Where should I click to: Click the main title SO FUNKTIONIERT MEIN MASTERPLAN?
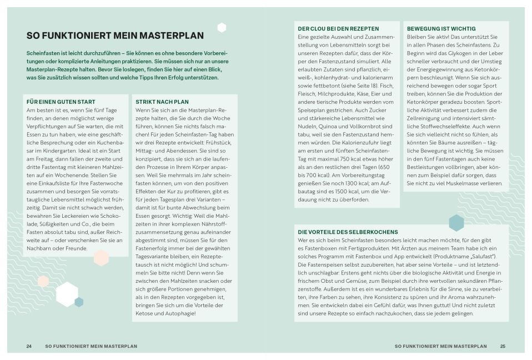(115, 36)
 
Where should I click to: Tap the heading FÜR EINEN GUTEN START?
(61, 102)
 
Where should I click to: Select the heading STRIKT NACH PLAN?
(162, 102)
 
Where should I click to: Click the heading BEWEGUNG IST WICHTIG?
(441, 28)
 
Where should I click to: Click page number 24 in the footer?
(29, 346)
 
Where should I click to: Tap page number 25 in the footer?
(503, 346)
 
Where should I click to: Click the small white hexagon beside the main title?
(222, 28)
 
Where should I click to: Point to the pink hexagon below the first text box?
(101, 258)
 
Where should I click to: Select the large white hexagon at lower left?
(67, 294)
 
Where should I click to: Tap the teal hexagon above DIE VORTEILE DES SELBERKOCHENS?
(456, 222)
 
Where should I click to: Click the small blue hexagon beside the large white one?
(79, 302)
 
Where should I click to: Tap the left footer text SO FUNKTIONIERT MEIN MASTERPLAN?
(91, 346)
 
